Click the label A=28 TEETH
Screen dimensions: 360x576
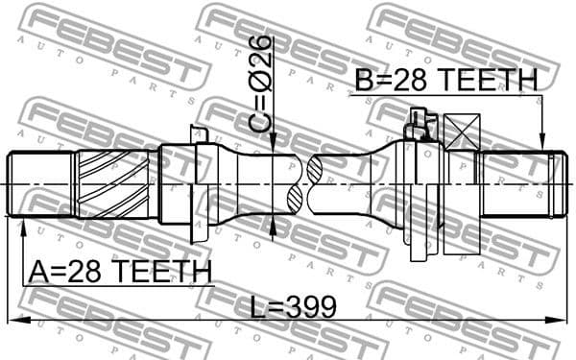[x=119, y=272]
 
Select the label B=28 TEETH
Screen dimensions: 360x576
[x=445, y=82]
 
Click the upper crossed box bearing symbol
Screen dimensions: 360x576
[x=463, y=132]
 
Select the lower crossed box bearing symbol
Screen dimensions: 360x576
[x=463, y=235]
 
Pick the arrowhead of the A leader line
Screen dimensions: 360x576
[x=22, y=223]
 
